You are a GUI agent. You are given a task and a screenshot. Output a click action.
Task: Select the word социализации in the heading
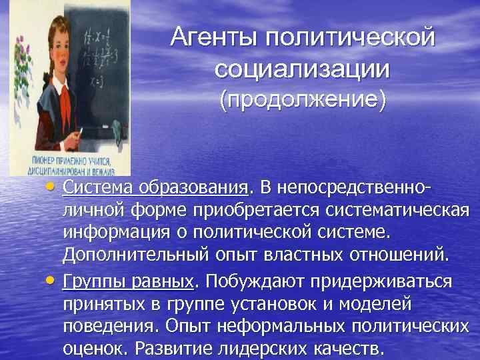[302, 68]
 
